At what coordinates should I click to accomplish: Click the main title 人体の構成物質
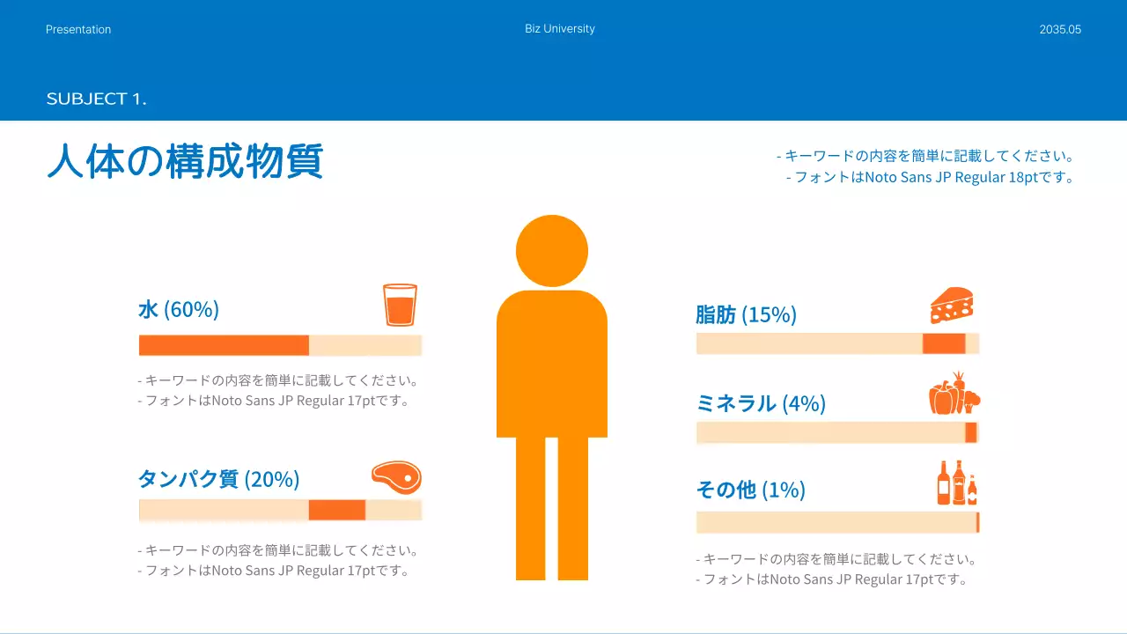click(185, 162)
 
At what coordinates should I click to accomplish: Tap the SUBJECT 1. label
click(96, 100)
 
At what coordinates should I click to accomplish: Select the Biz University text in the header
click(560, 29)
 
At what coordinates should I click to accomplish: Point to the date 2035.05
click(1060, 30)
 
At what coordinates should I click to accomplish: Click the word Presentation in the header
click(78, 30)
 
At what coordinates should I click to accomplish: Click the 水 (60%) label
click(179, 310)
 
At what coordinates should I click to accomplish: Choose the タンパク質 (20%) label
click(218, 479)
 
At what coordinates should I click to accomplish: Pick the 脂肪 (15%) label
click(746, 314)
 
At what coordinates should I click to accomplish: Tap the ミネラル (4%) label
click(761, 403)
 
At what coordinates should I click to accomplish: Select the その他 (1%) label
click(750, 490)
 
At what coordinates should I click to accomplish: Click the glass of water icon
click(400, 305)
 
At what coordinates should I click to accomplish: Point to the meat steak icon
click(396, 477)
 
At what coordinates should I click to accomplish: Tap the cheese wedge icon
click(952, 306)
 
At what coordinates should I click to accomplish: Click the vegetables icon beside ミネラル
click(954, 394)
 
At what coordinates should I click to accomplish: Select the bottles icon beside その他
click(957, 483)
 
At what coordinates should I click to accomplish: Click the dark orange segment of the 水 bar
click(224, 345)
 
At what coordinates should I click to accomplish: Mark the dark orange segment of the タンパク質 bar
click(336, 510)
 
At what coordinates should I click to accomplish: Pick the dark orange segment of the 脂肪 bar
click(944, 343)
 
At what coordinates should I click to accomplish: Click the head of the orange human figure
click(552, 251)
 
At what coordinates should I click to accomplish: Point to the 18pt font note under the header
click(931, 177)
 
